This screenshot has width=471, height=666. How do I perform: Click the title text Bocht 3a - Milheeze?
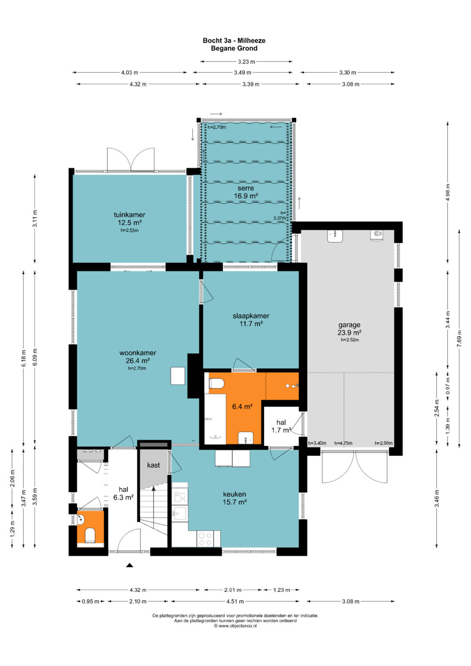[x=234, y=41]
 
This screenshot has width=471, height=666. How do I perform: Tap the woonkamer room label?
[x=138, y=353]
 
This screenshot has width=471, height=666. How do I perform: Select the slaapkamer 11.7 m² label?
[x=251, y=320]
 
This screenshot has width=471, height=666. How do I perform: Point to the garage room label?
[x=349, y=325]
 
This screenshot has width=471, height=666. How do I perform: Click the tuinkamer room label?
[x=130, y=215]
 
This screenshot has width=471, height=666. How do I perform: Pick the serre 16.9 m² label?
[x=246, y=192]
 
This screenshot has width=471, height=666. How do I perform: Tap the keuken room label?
[x=235, y=494]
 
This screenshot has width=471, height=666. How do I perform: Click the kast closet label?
[x=154, y=465]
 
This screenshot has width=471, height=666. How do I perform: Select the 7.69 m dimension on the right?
[x=459, y=338]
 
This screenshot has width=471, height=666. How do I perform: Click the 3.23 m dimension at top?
[x=246, y=62]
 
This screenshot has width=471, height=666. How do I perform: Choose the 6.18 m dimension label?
[x=24, y=358]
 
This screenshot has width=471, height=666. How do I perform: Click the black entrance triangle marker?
[x=130, y=565]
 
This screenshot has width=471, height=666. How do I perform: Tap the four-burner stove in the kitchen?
[x=205, y=539]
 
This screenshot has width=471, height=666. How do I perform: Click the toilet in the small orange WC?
[x=90, y=535]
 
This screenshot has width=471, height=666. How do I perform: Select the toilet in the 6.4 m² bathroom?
[x=216, y=383]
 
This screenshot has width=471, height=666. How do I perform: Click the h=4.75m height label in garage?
[x=343, y=443]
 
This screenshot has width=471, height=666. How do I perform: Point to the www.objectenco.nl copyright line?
[x=235, y=626]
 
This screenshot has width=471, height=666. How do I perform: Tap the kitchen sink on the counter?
[x=180, y=513]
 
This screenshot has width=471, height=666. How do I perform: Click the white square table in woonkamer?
[x=178, y=376]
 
